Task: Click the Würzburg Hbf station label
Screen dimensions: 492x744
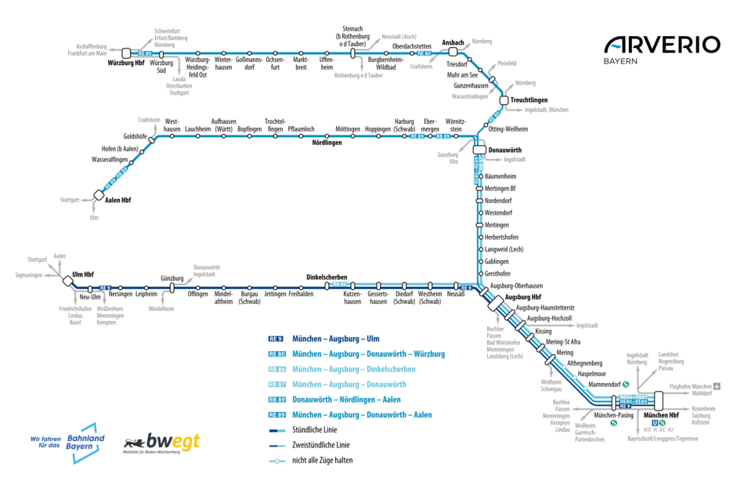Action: (125, 63)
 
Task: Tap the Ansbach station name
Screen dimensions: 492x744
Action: (453, 42)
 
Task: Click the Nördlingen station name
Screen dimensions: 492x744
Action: (327, 143)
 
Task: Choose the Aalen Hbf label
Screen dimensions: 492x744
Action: (117, 201)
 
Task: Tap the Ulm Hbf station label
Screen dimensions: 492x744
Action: (83, 275)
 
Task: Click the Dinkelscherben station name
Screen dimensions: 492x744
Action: (327, 277)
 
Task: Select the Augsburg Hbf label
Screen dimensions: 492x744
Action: (524, 298)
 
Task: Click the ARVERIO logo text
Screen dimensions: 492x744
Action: (662, 44)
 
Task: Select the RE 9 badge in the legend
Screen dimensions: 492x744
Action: (276, 339)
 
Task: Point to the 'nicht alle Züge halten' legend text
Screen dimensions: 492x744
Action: (323, 460)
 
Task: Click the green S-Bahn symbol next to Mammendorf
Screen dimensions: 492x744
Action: (626, 385)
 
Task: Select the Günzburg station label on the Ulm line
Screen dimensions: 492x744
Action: (172, 278)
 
